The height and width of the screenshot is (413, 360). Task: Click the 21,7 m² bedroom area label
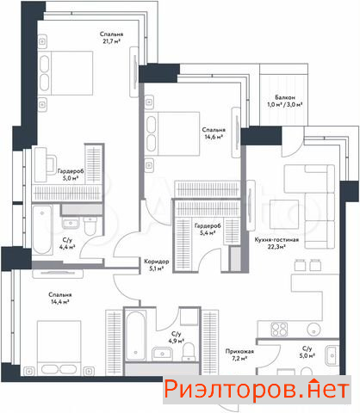pos(111,38)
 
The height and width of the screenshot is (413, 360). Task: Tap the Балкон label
pos(285,97)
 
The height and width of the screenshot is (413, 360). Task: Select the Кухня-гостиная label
pos(276,240)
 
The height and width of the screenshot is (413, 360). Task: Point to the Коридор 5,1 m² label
pos(157,265)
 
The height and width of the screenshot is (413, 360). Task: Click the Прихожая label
pos(239,351)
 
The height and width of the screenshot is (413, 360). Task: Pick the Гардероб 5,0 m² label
pos(71,175)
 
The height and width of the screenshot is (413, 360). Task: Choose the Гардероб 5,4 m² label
pos(208,229)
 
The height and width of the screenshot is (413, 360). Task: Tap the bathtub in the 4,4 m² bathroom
pos(42,229)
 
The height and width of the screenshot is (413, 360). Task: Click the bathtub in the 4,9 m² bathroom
pos(135,336)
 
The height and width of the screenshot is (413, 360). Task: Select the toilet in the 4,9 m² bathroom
pos(189,352)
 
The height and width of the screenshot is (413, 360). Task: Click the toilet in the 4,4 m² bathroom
pos(90,226)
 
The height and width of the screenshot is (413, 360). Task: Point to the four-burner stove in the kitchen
pos(279,330)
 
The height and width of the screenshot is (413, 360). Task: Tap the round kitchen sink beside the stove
pos(314,329)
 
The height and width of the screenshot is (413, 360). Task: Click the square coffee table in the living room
pos(284,214)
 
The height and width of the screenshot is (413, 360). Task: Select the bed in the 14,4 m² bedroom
pos(59,348)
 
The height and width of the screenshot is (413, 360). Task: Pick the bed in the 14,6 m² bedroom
pos(172,133)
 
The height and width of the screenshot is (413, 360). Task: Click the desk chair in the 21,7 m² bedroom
pos(51,165)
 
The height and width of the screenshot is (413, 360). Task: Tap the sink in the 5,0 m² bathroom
pos(332,355)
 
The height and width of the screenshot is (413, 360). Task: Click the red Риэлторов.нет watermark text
pos(257,389)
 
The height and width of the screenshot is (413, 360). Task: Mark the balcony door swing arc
pos(296,147)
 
